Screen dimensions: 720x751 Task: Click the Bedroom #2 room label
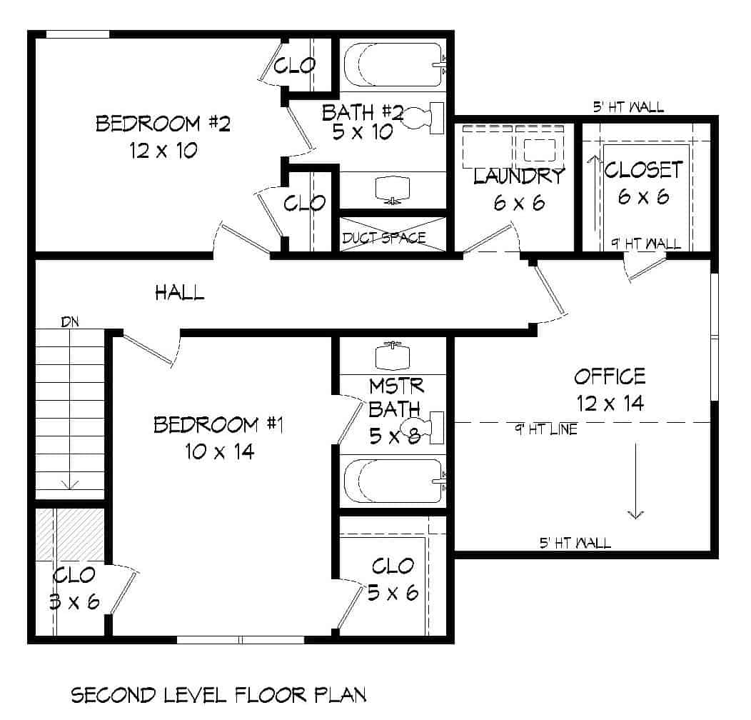coord(163,124)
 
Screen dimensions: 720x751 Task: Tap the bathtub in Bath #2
coord(393,66)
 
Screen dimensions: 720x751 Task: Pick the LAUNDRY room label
coord(519,176)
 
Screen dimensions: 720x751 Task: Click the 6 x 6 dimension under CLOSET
coord(643,197)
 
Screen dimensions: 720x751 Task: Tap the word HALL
coord(180,291)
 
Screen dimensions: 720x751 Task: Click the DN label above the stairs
coord(69,322)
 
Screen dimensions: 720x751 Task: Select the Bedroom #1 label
coord(219,426)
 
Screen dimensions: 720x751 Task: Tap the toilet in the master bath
coord(421,429)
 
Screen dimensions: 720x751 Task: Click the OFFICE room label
coord(610,376)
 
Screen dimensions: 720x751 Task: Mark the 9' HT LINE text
coord(546,429)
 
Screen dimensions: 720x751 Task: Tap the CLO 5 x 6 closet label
coord(393,579)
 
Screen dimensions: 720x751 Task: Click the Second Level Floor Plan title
coord(218,695)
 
